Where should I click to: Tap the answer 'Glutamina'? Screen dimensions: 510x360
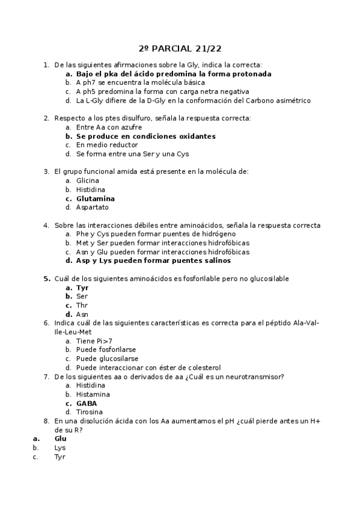(95, 198)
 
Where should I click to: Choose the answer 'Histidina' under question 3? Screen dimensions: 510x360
(91, 189)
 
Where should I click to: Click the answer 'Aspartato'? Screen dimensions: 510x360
(92, 207)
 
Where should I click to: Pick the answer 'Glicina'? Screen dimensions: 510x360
(88, 180)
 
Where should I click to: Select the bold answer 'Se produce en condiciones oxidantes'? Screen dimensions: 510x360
(145, 136)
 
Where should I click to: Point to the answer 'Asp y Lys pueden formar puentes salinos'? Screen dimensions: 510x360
(153, 261)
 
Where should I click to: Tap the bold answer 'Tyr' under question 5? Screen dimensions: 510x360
(82, 288)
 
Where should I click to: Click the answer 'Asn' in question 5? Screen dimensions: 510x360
(82, 315)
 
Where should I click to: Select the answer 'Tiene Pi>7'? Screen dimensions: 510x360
(94, 341)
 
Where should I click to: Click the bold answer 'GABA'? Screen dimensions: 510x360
(86, 403)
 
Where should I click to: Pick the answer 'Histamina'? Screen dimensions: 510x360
(93, 394)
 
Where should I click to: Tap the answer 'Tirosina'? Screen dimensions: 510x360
(90, 412)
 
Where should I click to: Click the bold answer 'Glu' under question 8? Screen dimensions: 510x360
(60, 438)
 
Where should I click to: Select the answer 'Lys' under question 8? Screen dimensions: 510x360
(60, 447)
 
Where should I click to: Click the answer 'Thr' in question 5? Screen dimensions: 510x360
(82, 306)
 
